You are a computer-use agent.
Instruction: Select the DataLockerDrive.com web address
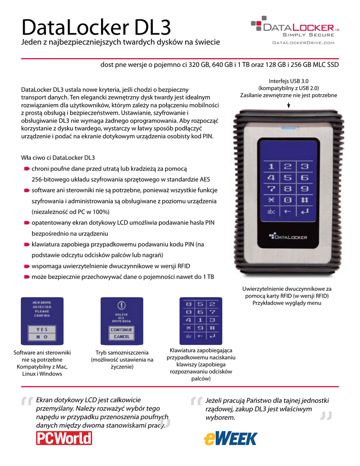tap(303, 43)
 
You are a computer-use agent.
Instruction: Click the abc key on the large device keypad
tap(271, 211)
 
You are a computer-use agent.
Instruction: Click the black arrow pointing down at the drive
tap(289, 105)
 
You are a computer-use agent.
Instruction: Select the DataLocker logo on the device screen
tap(288, 237)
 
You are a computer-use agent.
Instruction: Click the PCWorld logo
tap(64, 438)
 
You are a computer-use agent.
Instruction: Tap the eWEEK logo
tap(230, 438)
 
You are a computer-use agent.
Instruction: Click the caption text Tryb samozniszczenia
tap(122, 353)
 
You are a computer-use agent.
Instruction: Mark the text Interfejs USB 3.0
tap(289, 81)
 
